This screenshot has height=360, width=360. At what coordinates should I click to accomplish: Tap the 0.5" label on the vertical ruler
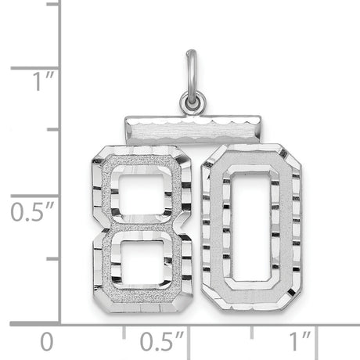(x=29, y=212)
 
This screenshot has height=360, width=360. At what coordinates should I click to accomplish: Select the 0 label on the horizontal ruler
(x=47, y=341)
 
